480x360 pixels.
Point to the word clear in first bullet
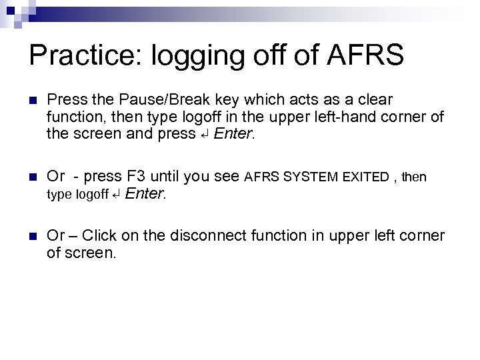pos(375,100)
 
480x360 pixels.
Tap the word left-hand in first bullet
pos(353,117)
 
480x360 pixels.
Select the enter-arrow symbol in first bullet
pos(205,133)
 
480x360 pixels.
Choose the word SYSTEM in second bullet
pos(311,177)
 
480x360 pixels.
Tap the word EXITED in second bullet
pos(366,177)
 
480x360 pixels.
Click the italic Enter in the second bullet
pos(144,194)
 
